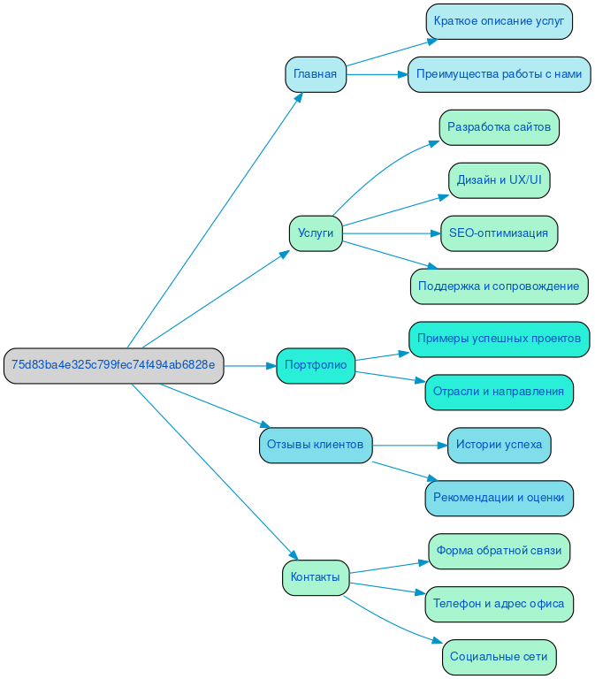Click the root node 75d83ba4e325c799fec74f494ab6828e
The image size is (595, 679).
[113, 365]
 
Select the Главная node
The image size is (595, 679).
[315, 74]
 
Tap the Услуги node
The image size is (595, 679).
[315, 233]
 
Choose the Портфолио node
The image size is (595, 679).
[316, 365]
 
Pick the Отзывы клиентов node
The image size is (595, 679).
[316, 445]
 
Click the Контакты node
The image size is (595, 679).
[315, 577]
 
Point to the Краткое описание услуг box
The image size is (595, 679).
[499, 21]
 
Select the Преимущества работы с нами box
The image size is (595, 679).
[499, 74]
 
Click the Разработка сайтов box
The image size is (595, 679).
[499, 127]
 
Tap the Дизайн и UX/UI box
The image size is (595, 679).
[499, 180]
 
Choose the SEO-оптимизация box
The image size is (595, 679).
[499, 233]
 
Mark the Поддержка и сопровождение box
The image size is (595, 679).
[499, 286]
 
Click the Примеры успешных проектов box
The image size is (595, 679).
[499, 339]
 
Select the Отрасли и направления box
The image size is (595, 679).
[499, 392]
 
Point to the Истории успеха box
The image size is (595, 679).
[499, 445]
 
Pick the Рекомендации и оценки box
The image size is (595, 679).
[499, 498]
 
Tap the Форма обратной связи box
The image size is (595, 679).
[499, 551]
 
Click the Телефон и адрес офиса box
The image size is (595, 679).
[499, 604]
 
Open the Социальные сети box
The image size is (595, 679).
[499, 657]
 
